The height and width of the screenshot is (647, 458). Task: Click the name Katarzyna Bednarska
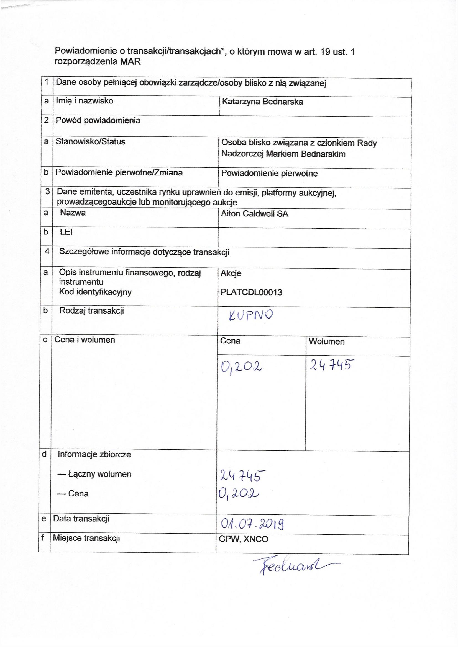262,102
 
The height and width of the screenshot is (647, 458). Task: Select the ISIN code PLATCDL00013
251,292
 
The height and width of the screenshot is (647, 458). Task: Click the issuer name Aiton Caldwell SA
255,214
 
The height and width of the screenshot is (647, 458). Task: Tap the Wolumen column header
326,341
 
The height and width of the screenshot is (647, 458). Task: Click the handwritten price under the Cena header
241,367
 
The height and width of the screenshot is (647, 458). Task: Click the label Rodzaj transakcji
92,311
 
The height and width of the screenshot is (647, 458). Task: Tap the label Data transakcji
81,519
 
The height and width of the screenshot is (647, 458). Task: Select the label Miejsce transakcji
87,538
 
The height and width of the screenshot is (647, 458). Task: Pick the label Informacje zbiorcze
94,455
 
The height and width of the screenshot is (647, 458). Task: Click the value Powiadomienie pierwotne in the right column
269,173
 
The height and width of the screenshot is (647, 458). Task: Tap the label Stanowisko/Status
90,141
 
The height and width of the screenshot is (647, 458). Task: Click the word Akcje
231,273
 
